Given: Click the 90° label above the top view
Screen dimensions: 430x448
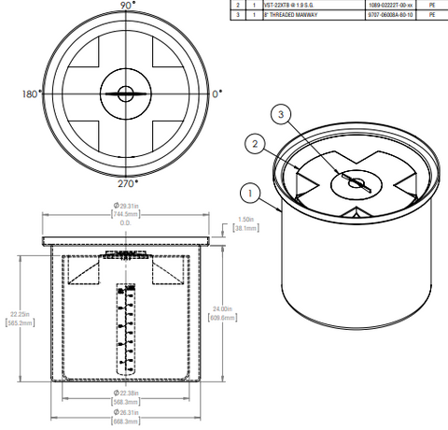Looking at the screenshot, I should (125, 6).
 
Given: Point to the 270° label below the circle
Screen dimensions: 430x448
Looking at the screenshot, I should (126, 182).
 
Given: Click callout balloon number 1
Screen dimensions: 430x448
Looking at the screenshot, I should (248, 194).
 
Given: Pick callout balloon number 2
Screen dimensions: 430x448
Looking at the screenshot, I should (253, 143).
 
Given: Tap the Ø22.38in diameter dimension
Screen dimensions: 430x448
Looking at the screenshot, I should (125, 393).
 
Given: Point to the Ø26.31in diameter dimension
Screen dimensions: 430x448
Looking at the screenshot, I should (125, 412).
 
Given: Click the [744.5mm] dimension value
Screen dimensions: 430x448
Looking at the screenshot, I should (125, 214).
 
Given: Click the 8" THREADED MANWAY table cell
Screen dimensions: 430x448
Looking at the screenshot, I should (292, 15).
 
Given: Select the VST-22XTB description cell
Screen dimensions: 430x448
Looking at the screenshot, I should (291, 5).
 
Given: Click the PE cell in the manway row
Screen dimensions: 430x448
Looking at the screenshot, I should (431, 15).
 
